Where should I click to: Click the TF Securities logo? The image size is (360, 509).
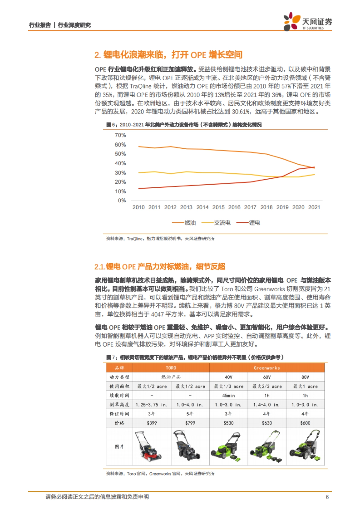point(307,22)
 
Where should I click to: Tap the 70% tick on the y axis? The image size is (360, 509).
point(120,135)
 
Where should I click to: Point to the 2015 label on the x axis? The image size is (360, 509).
point(218,207)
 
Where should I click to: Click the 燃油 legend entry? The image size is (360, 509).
point(184,223)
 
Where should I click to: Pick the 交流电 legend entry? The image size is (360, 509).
point(216,223)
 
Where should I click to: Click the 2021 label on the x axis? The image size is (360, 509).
point(314,207)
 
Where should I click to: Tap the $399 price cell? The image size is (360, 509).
point(152,423)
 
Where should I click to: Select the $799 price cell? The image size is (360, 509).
point(190,423)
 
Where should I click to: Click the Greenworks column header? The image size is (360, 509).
point(267,368)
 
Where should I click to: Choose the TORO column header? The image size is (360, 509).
point(171,368)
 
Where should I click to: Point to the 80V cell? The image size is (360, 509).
point(305,377)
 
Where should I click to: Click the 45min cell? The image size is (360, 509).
point(229,395)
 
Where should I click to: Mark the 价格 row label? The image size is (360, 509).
point(119,423)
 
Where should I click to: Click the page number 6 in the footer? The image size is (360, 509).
point(327,497)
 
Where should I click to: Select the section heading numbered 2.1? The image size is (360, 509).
point(160,266)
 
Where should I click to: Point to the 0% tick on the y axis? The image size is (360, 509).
point(122,201)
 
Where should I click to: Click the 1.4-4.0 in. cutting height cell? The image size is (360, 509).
point(267,405)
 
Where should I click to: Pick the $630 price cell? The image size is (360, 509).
point(267,423)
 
